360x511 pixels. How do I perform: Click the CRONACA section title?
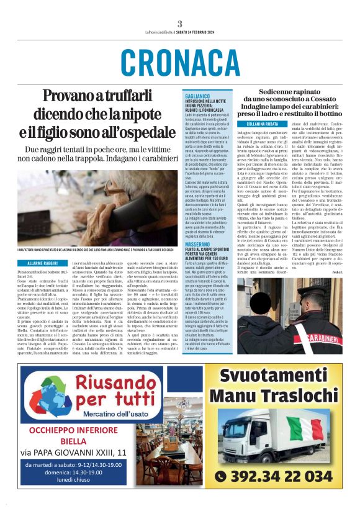tap(180, 63)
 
